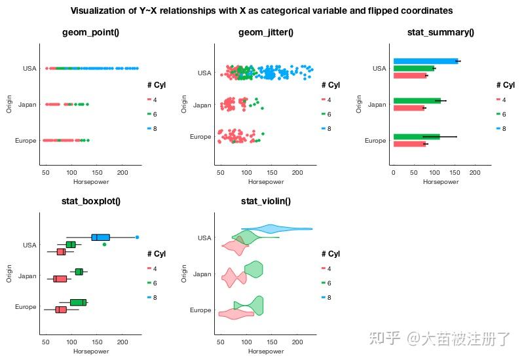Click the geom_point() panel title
[90, 33]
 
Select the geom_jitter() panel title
[265, 33]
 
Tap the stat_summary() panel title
[440, 33]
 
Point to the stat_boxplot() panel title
[90, 201]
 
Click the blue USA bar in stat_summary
[424, 61]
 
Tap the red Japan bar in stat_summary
[408, 108]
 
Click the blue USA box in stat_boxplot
[100, 237]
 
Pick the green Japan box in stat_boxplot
[79, 272]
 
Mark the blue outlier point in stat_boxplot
[138, 237]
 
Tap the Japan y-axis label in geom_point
[27, 104]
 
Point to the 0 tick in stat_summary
[393, 173]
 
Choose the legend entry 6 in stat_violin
[328, 283]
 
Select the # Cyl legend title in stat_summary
[505, 84]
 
